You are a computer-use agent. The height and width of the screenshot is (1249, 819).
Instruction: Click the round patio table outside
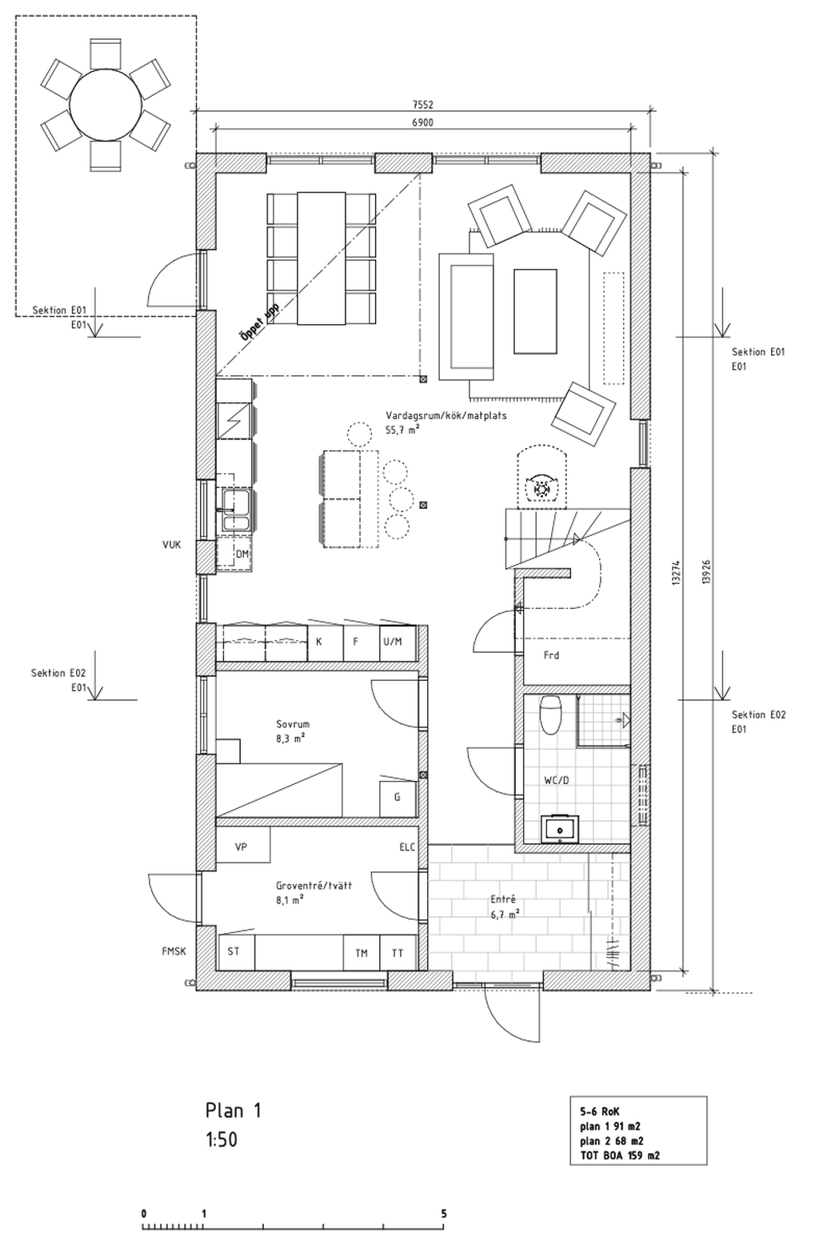106,105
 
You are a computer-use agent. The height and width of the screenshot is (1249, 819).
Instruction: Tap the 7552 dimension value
424,105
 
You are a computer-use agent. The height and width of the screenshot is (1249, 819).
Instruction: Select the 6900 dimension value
423,122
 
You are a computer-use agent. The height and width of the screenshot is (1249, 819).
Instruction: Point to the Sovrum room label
292,725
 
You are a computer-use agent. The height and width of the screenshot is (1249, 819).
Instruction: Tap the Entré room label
503,899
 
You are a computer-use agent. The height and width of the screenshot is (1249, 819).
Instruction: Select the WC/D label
556,779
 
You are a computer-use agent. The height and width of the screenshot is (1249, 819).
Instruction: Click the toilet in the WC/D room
550,715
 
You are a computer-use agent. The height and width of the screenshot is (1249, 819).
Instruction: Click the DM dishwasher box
242,554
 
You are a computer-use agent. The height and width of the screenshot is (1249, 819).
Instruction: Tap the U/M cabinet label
393,642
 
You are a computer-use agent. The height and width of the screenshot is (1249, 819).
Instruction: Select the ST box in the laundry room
234,951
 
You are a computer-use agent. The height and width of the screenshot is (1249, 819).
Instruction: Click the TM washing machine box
362,953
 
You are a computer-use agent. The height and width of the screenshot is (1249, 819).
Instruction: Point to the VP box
241,847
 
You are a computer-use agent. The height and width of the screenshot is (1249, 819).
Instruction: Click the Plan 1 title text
234,1111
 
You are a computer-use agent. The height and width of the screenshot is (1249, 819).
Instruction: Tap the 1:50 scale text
222,1139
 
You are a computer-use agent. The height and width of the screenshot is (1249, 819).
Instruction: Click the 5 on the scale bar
443,1214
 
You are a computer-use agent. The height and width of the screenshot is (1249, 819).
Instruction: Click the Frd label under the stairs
551,655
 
